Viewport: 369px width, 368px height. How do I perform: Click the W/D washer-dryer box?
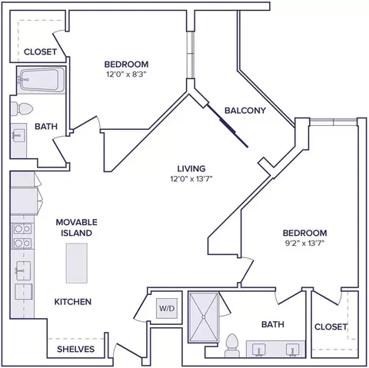pyautogui.click(x=167, y=308)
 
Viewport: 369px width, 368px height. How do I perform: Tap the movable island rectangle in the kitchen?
pyautogui.click(x=77, y=264)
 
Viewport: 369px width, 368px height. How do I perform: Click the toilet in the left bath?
pyautogui.click(x=22, y=109)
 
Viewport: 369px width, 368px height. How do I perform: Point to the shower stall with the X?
pyautogui.click(x=204, y=317)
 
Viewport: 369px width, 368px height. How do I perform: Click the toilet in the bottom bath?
pyautogui.click(x=232, y=345)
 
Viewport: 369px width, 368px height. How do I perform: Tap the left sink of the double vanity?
pyautogui.click(x=259, y=350)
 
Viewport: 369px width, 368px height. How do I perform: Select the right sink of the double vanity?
pyautogui.click(x=292, y=350)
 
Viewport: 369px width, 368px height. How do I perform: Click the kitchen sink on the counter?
pyautogui.click(x=23, y=270)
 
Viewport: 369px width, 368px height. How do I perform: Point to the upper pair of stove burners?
pyautogui.click(x=22, y=229)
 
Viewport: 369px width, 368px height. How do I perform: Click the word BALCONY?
pyautogui.click(x=245, y=111)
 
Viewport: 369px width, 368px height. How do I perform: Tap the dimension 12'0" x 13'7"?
pyautogui.click(x=191, y=178)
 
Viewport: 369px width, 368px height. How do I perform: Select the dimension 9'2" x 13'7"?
pyautogui.click(x=304, y=243)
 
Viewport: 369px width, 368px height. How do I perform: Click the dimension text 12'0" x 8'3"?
pyautogui.click(x=126, y=75)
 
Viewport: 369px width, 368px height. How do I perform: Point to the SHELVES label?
pyautogui.click(x=75, y=349)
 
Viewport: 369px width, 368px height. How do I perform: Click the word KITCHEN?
pyautogui.click(x=73, y=302)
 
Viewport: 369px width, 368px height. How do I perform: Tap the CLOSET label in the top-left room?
pyautogui.click(x=40, y=51)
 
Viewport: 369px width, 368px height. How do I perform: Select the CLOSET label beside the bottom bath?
pyautogui.click(x=331, y=327)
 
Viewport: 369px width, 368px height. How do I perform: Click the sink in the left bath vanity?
pyautogui.click(x=18, y=134)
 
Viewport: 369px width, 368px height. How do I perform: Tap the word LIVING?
pyautogui.click(x=191, y=168)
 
